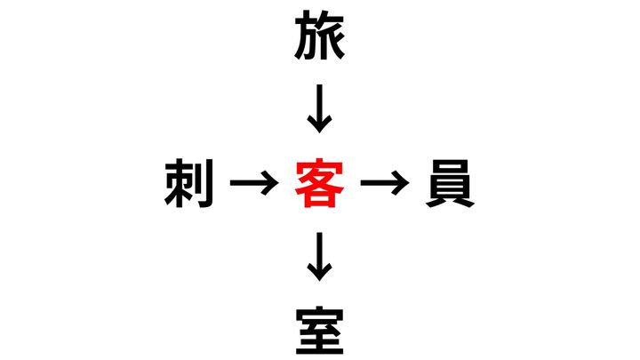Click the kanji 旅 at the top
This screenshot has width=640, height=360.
coord(320,36)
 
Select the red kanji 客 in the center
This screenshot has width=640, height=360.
coord(320,183)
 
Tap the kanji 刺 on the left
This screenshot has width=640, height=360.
coord(189,183)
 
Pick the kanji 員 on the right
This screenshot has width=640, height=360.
coord(450,183)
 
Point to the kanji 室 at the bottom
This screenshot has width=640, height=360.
coord(320,331)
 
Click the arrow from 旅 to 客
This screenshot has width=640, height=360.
coord(320,109)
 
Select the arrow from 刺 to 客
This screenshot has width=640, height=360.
coord(255,183)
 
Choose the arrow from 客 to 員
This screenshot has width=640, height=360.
coord(385,183)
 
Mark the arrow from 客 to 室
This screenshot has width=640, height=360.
coord(320,257)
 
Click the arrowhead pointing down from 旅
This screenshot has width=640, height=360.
coord(320,124)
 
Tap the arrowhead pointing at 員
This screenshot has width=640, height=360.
coord(400,183)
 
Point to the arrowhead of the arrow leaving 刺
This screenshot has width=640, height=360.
coord(270,183)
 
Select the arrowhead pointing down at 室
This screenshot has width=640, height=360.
coord(320,272)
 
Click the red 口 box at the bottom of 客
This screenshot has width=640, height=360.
coord(320,199)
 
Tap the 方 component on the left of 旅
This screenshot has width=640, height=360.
coord(307,36)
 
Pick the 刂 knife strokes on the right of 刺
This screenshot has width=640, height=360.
coord(205,184)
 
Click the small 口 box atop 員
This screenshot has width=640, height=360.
coord(450,165)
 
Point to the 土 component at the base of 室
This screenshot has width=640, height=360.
coord(320,343)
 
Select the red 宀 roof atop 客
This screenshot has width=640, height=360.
coord(320,166)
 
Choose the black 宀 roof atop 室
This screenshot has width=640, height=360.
coord(320,314)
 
